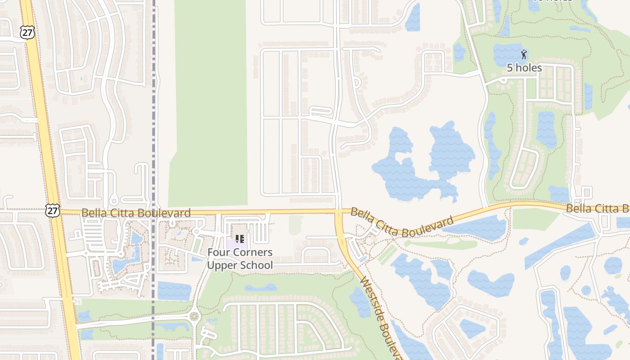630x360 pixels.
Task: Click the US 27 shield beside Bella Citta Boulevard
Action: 52,211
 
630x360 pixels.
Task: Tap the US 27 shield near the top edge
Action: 27,31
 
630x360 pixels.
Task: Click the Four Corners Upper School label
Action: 240,259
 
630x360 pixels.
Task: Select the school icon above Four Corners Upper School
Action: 240,238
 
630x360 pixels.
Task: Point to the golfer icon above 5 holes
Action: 524,55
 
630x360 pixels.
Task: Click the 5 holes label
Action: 524,68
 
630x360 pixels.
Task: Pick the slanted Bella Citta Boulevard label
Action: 402,222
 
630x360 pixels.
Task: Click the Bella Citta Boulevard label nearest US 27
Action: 136,212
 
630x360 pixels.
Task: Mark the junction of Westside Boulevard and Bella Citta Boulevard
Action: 339,211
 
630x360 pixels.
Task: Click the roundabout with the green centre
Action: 195,316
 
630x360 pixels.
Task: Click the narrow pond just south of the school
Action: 261,288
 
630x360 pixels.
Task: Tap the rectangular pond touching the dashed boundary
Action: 174,291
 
